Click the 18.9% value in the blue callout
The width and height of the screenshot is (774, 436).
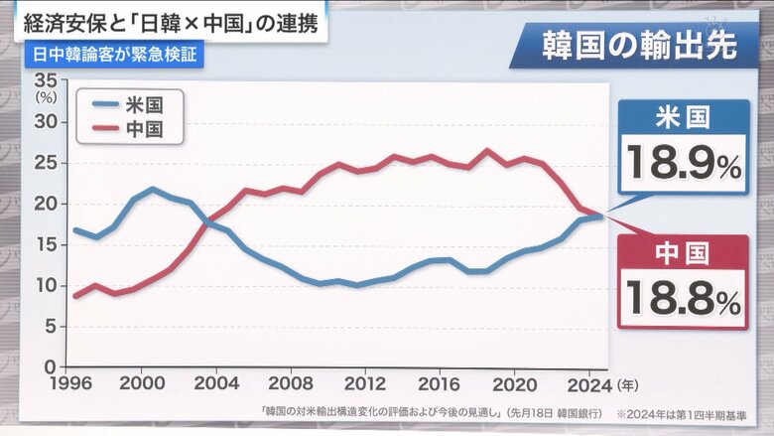point(683,163)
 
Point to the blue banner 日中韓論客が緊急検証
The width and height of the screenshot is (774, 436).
point(110,54)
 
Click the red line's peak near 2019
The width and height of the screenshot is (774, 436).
point(486,152)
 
